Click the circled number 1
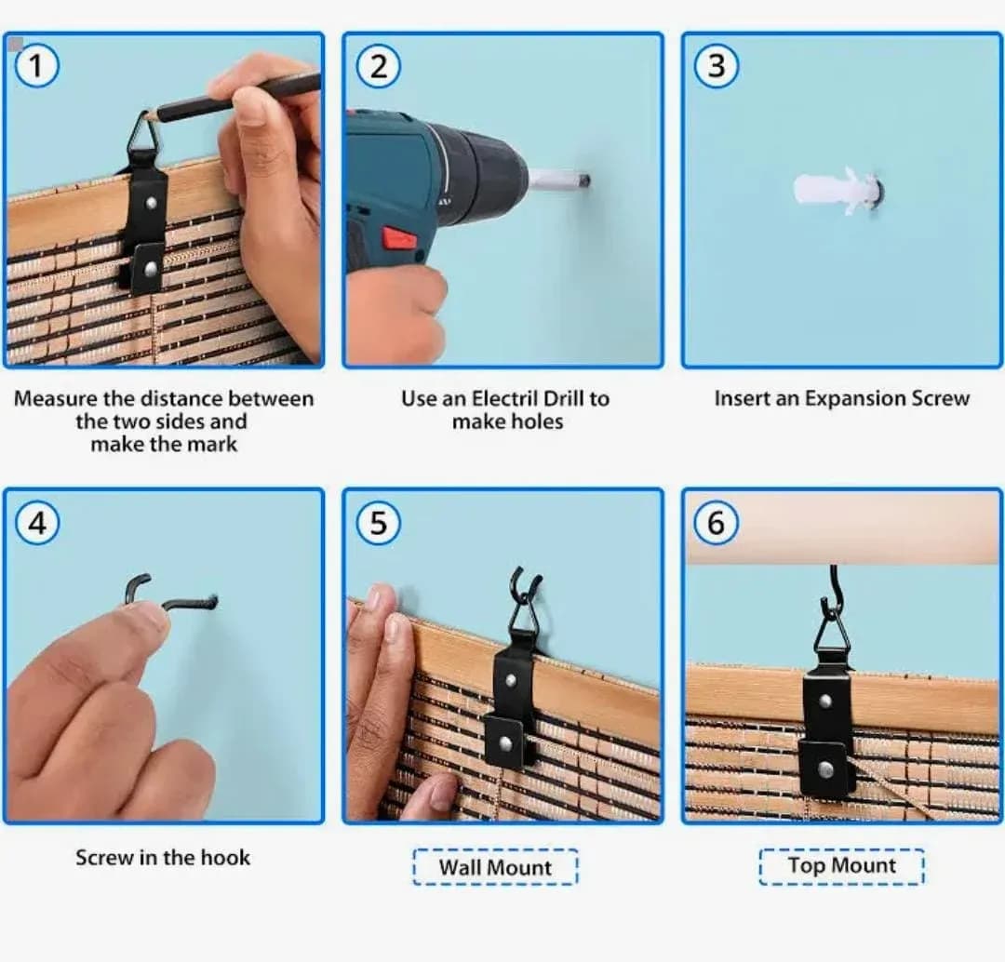tap(36, 66)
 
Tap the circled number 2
tap(378, 66)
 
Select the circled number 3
tap(717, 65)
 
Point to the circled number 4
tap(37, 522)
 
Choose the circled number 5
tap(378, 522)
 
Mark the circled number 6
tap(716, 522)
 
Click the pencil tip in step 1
tap(148, 116)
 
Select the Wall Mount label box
tap(495, 867)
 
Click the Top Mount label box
tap(841, 866)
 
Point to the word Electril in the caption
tap(505, 398)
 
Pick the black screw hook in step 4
tap(170, 593)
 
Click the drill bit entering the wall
tap(557, 179)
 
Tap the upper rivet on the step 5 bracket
tap(512, 679)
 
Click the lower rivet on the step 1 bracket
tap(151, 268)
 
